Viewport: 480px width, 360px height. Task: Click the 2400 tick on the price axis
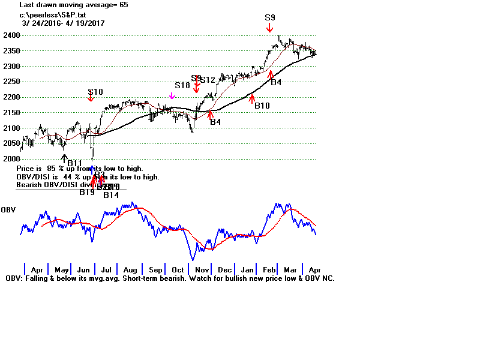10,35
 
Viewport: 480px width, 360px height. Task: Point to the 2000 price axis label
10,159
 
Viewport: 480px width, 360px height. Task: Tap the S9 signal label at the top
270,18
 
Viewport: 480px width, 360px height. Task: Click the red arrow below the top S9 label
270,28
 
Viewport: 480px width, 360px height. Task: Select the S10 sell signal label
95,92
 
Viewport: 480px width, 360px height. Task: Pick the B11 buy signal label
74,163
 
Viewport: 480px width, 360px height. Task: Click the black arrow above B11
64,157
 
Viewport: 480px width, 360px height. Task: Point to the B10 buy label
262,106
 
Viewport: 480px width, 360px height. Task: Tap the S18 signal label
182,86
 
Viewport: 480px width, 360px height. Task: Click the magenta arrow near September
172,95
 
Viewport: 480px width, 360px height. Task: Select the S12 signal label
208,80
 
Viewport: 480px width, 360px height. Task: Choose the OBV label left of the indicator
8,209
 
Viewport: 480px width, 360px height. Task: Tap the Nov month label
202,270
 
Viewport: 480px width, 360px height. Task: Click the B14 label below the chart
111,194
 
